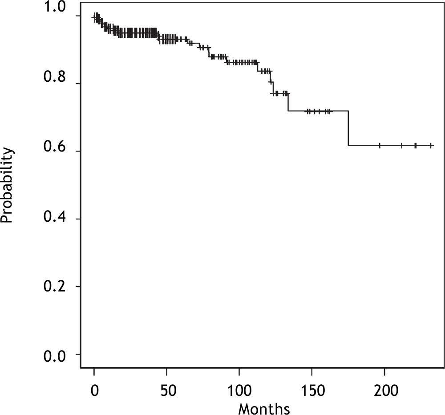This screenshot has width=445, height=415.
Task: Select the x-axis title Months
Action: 264,407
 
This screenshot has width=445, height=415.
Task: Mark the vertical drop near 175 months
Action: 348,128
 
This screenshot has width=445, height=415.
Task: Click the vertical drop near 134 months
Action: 288,102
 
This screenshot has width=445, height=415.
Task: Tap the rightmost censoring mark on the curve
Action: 431,145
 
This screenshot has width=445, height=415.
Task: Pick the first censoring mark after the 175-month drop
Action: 380,145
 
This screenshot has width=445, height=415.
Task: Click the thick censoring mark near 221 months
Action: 415,145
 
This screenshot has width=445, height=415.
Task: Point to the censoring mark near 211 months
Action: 401,145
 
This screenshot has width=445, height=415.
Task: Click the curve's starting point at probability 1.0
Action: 93,17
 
